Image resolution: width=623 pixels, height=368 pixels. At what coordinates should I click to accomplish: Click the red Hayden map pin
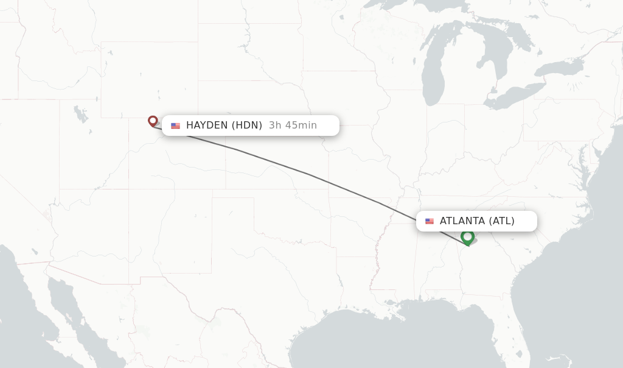click(x=153, y=121)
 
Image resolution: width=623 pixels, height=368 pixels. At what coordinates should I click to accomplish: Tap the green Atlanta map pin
click(x=467, y=236)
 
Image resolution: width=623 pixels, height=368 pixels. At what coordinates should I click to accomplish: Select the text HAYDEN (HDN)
click(x=224, y=126)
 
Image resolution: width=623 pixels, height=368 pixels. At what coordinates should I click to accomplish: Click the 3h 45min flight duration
click(x=293, y=126)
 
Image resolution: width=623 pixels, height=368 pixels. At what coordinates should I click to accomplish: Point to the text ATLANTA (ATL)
click(x=477, y=221)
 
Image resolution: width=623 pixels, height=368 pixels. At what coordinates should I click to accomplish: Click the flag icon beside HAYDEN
click(x=176, y=126)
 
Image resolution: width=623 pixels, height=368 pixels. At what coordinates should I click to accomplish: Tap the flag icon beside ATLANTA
click(x=430, y=221)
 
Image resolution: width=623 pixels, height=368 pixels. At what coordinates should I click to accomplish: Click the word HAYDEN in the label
click(x=207, y=126)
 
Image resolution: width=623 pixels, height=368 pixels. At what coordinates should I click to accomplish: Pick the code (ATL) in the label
click(x=502, y=221)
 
